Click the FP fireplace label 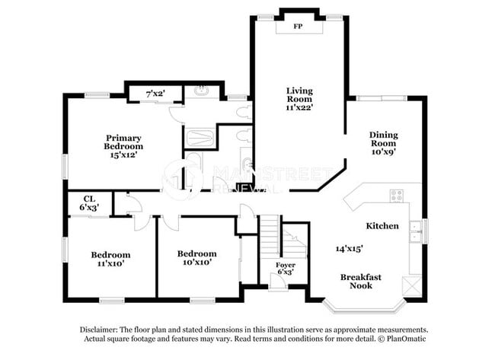point(299,26)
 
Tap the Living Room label point(299,94)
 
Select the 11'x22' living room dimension point(299,108)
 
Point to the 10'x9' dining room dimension point(384,151)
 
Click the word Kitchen point(382,226)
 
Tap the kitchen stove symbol point(397,196)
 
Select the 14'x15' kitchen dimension point(349,248)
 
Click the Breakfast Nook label point(360,281)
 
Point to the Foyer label point(286,264)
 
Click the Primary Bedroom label point(123,142)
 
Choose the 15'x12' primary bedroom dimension point(123,155)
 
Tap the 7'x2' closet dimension point(155,94)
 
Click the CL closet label point(88,199)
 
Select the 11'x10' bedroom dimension point(110,263)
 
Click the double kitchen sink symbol point(416,231)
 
